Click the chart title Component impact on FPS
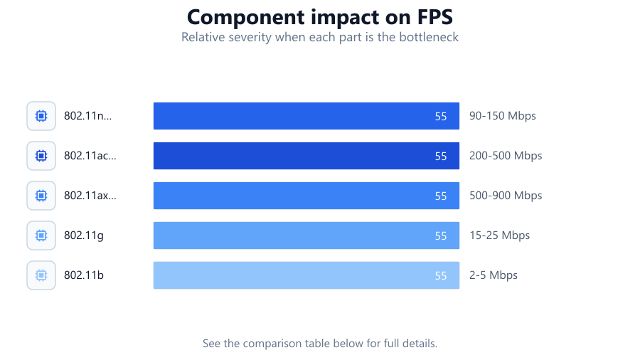(320, 17)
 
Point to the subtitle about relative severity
(320, 37)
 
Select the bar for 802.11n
(306, 116)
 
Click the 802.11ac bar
(306, 156)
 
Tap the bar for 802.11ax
(306, 196)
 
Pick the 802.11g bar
(306, 235)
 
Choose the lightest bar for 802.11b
(306, 275)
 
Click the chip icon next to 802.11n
(41, 116)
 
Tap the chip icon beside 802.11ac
(41, 156)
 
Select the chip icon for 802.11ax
(41, 196)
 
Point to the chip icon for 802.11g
(41, 235)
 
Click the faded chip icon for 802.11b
(41, 275)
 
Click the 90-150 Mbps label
(503, 116)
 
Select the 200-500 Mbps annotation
(506, 156)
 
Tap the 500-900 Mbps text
(506, 196)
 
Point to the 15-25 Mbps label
(500, 235)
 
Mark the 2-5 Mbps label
(494, 275)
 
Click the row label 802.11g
(84, 235)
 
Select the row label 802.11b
(84, 275)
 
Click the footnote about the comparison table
(320, 343)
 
